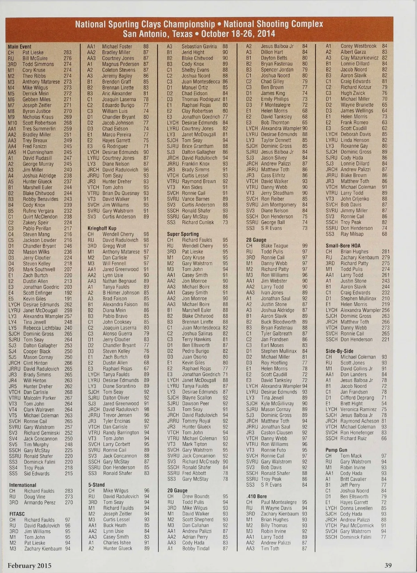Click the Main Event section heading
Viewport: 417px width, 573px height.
(x=19, y=47)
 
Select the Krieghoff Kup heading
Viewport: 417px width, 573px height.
(x=102, y=228)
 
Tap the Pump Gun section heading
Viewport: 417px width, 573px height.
(x=336, y=450)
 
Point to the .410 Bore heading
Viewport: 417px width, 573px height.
(x=256, y=496)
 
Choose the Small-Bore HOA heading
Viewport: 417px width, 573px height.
(x=343, y=245)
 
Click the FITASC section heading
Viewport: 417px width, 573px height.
(x=17, y=514)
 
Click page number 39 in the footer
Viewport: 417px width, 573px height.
(x=388, y=565)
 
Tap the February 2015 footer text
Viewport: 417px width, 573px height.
(x=30, y=565)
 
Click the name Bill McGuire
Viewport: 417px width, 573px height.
(x=35, y=58)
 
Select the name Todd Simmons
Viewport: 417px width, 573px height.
(x=38, y=64)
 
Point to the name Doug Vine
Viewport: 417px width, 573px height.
(x=35, y=497)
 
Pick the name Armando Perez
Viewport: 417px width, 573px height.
(x=40, y=502)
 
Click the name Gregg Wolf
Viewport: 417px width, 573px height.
(x=114, y=246)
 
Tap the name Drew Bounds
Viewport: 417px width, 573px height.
(x=196, y=496)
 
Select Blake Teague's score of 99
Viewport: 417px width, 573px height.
(x=305, y=246)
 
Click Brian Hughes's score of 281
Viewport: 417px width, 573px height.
(x=385, y=251)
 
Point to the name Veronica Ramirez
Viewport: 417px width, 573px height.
(x=358, y=409)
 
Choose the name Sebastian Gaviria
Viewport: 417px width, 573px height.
(x=199, y=46)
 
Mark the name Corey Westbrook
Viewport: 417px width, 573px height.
(x=358, y=46)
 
